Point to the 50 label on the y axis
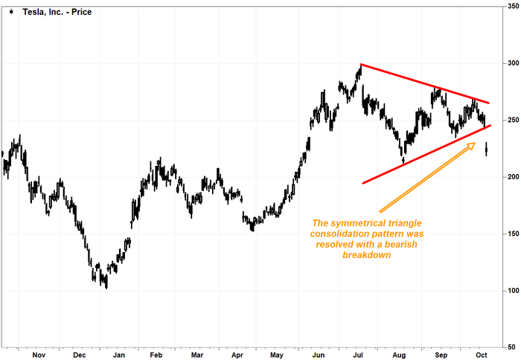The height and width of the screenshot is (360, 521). (x=511, y=347)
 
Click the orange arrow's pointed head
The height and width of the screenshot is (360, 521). (x=473, y=144)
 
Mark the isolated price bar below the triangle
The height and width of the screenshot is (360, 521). (x=486, y=149)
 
